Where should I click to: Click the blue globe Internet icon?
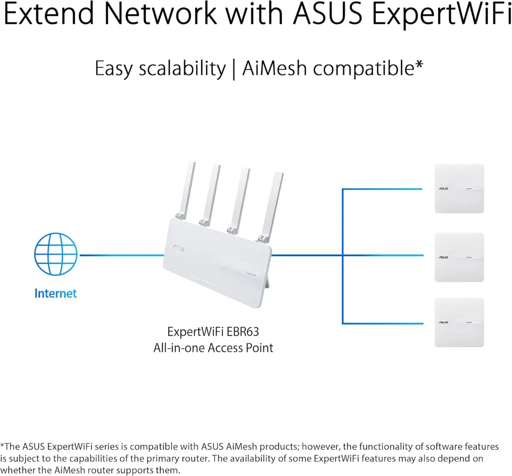(55, 255)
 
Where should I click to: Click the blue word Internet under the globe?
(55, 293)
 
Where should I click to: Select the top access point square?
(459, 189)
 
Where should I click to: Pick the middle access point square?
(459, 257)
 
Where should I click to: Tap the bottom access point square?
(459, 322)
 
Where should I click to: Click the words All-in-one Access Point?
(213, 348)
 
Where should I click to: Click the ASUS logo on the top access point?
(443, 189)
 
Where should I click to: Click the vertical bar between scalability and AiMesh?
(233, 68)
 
